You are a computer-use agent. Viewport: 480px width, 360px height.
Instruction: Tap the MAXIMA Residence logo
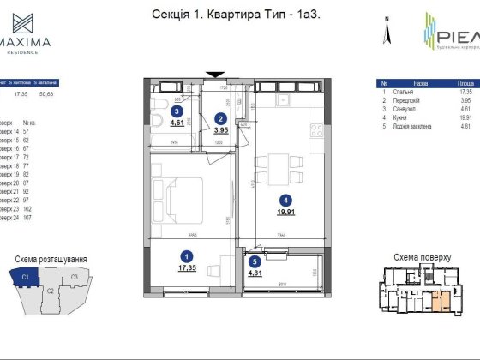click(28, 33)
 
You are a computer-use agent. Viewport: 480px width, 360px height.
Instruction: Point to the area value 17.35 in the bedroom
click(186, 267)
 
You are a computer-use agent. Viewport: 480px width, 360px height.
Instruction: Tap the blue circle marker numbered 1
click(186, 254)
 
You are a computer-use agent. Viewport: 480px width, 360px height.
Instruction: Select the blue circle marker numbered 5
click(254, 263)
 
